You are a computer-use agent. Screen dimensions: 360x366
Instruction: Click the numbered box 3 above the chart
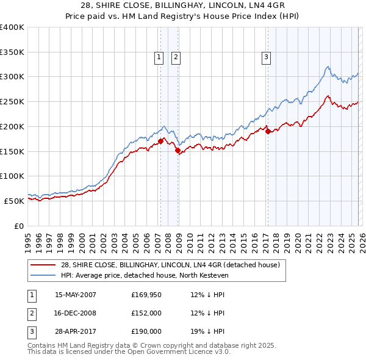coord(267,58)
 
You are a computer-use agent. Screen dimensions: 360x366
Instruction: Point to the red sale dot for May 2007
coord(160,141)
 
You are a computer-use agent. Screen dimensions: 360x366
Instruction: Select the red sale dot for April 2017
coord(268,131)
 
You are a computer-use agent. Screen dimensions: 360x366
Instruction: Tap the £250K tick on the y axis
coord(12,101)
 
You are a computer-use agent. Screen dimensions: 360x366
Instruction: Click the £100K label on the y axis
coord(12,176)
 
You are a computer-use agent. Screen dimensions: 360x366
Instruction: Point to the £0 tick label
coord(18,226)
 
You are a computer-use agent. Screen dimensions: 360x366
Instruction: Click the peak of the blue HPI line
coord(328,67)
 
